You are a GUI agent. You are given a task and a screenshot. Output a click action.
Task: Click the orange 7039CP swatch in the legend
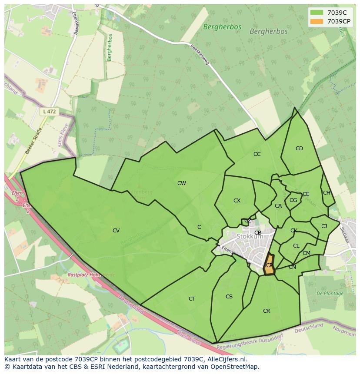(x=317, y=21)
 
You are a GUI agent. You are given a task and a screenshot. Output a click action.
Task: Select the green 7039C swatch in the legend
(x=317, y=13)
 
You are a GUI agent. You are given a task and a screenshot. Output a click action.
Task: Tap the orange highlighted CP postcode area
(x=269, y=265)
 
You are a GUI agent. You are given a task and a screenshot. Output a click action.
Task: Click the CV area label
(x=116, y=231)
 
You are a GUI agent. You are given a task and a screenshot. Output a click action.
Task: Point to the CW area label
(x=182, y=183)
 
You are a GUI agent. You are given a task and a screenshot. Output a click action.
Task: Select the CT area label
(x=192, y=299)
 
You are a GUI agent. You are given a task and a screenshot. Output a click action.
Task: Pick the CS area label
(x=229, y=297)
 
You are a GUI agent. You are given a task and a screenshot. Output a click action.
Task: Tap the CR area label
(x=267, y=311)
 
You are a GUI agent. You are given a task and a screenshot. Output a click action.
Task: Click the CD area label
(x=299, y=149)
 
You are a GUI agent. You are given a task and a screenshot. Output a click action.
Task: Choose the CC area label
(x=257, y=154)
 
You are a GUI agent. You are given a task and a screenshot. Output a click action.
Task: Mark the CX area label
(x=237, y=201)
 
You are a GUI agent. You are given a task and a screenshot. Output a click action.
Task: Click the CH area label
(x=327, y=193)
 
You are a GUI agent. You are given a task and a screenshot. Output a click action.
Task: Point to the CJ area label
(x=324, y=226)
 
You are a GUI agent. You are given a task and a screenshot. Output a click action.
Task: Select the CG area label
(x=293, y=200)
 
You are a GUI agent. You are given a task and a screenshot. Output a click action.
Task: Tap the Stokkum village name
(x=250, y=237)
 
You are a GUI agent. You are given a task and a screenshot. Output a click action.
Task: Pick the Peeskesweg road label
(x=200, y=55)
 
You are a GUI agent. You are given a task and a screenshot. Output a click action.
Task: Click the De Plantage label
(x=330, y=294)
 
